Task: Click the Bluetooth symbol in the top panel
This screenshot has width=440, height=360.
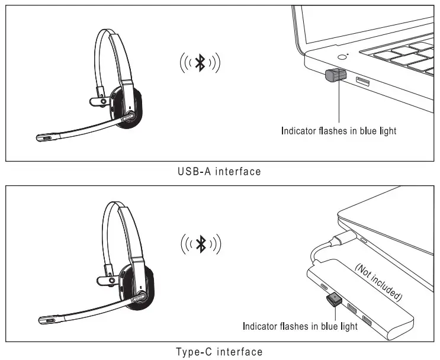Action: pos(200,63)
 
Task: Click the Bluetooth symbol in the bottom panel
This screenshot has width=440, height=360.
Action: pos(200,243)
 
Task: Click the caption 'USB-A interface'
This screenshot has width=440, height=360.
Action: pos(219,172)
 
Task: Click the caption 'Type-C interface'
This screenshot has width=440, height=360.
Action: pos(219,352)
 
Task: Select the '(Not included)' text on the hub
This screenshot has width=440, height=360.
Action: pos(378,279)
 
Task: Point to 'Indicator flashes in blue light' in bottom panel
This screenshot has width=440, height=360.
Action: pos(300,326)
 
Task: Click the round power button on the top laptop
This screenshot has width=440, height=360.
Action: pos(342,57)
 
